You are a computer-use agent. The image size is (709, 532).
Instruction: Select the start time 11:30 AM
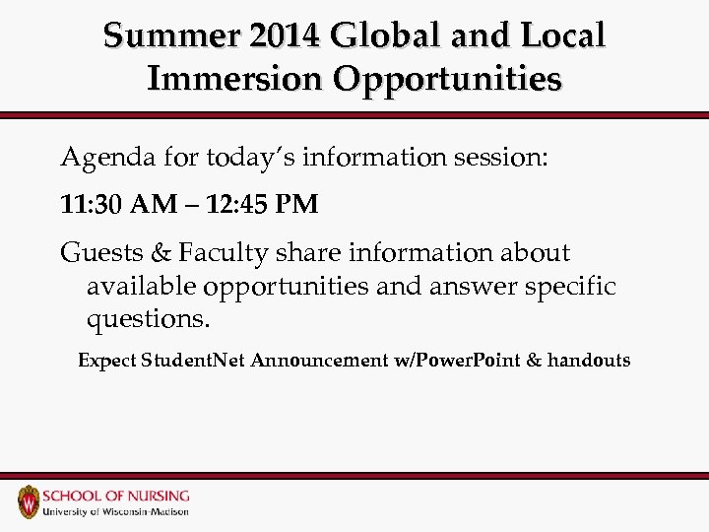click(x=114, y=204)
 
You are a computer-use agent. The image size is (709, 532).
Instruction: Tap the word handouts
click(x=589, y=361)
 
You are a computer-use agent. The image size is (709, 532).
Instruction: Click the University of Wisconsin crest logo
click(x=31, y=501)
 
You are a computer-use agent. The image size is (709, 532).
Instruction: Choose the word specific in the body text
click(x=569, y=287)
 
